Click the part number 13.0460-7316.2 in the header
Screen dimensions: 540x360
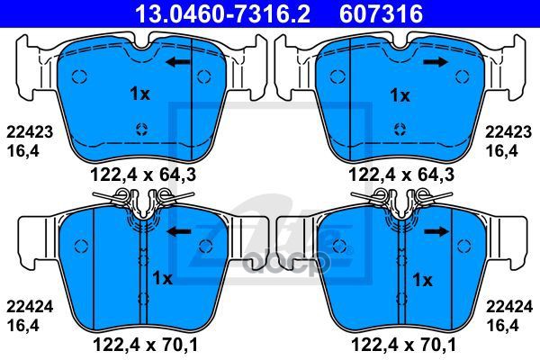point(223,13)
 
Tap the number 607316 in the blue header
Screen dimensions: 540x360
point(381,13)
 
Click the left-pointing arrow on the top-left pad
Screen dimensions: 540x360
point(177,62)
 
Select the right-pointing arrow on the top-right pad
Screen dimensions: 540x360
point(436,62)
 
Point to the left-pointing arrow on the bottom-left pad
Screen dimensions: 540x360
point(179,232)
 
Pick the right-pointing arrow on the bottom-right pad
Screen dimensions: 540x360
point(436,232)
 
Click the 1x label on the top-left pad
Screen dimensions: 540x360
point(140,94)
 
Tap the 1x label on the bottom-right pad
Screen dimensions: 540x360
point(422,281)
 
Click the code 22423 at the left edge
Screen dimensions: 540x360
point(30,132)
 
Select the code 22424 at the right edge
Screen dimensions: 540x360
point(509,307)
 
